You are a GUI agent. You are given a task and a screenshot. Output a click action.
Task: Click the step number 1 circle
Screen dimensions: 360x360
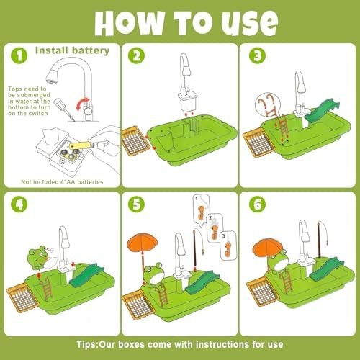click(x=19, y=55)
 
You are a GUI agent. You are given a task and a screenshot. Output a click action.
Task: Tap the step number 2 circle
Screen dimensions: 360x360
click(x=136, y=55)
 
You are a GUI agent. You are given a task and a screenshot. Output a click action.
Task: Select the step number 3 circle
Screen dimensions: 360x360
click(x=257, y=55)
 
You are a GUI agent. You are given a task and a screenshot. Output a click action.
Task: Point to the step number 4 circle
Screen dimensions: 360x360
click(x=19, y=204)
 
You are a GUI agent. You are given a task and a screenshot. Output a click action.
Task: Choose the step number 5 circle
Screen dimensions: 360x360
click(x=136, y=204)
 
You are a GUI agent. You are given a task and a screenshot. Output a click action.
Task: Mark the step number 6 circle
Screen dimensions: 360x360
click(x=257, y=204)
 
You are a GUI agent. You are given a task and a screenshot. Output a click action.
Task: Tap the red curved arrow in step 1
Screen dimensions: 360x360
click(x=82, y=104)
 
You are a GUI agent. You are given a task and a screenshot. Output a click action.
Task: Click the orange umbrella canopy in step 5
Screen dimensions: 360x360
click(x=143, y=242)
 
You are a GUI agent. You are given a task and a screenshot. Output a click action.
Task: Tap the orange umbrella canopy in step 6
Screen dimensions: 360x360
click(x=268, y=248)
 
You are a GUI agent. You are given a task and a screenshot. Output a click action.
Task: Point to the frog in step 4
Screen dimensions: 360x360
click(x=38, y=258)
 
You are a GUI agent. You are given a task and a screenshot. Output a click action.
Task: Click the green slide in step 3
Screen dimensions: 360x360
click(x=322, y=111)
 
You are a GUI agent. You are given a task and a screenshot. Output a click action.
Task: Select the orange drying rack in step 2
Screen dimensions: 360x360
click(x=135, y=141)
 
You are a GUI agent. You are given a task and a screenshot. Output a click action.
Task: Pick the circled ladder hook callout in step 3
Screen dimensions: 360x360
click(x=268, y=104)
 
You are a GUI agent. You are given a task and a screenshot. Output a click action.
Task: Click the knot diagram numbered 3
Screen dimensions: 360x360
click(x=228, y=246)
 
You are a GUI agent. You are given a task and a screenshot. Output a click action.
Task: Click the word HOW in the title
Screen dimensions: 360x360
click(x=130, y=23)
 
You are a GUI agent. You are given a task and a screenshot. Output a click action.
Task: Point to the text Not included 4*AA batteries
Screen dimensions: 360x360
click(x=62, y=182)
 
